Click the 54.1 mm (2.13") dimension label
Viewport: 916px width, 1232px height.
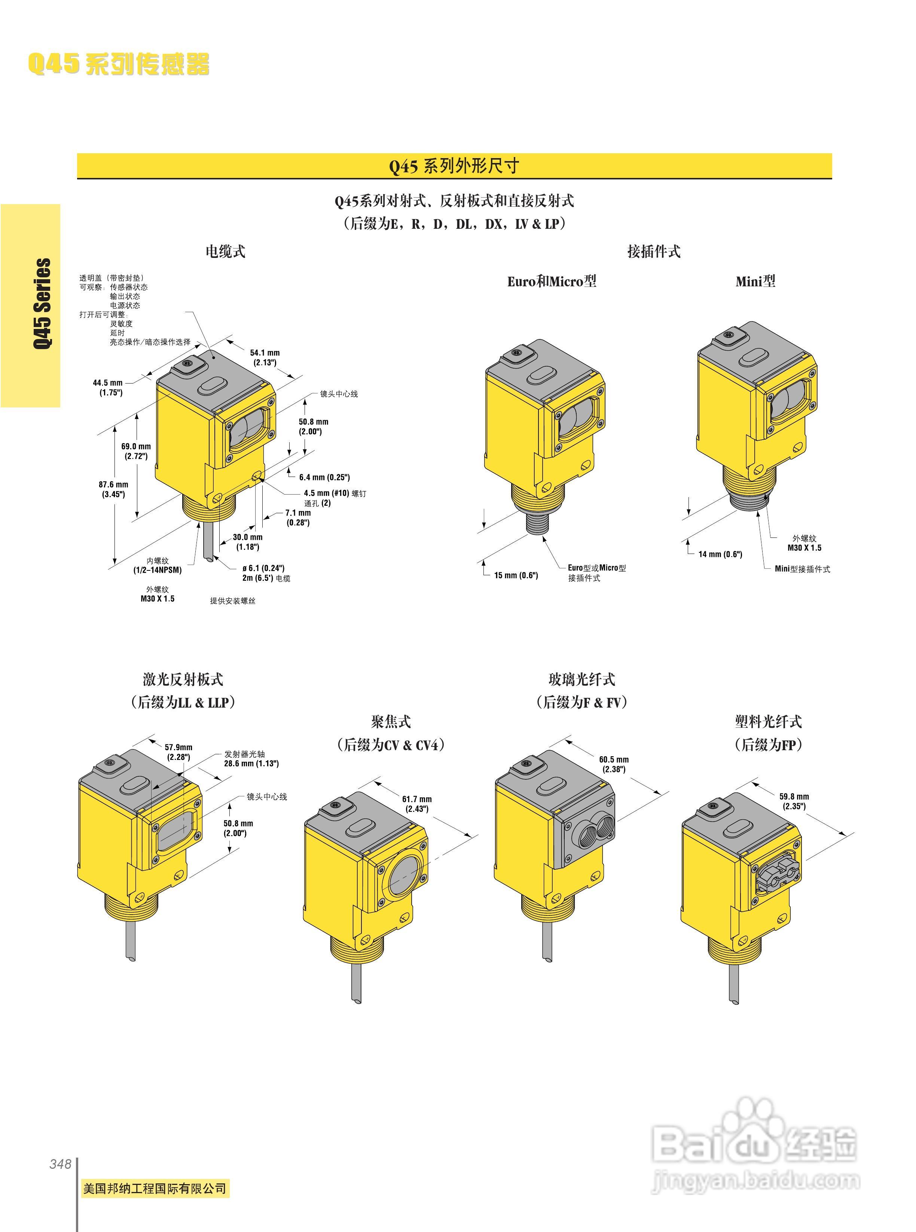pos(265,357)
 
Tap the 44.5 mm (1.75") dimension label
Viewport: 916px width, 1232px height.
pos(108,387)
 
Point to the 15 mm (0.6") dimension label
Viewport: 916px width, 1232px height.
pos(516,575)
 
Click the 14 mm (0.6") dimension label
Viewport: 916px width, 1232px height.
pos(720,554)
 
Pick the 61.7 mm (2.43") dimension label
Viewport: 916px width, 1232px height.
pos(416,804)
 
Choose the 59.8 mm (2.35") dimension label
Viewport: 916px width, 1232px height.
pos(794,801)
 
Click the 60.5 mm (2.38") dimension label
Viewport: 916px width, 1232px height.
pos(614,764)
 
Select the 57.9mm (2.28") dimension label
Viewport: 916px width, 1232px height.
pos(178,752)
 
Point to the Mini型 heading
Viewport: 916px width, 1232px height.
pos(755,281)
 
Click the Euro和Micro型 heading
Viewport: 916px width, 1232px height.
pos(552,281)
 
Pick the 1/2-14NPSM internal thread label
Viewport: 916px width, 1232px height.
pos(158,566)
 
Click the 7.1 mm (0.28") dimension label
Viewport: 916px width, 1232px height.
pos(298,517)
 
